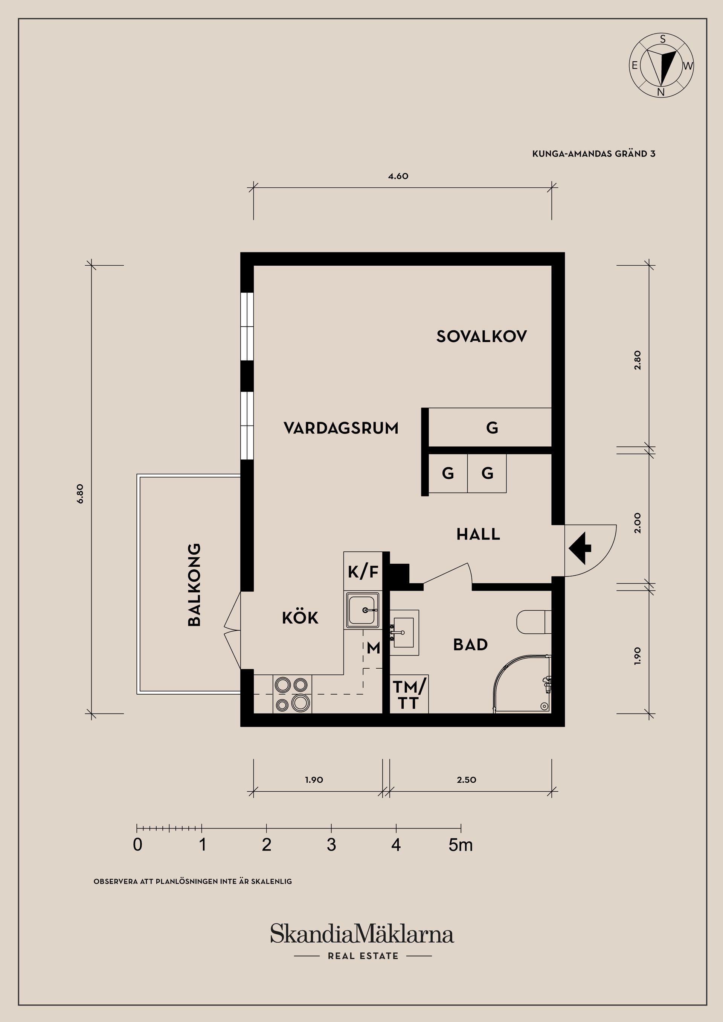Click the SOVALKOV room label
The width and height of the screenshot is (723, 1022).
pos(481,336)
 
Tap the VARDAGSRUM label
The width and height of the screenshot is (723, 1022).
pos(341,428)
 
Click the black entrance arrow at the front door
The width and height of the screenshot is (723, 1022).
pos(580,549)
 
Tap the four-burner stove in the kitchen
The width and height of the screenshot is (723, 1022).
pos(292,694)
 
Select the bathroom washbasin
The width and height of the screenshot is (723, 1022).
pos(404,633)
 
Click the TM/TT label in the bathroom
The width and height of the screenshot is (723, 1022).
pos(409,695)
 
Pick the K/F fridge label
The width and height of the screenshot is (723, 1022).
pos(363,572)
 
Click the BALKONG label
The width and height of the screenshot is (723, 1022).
pos(195,584)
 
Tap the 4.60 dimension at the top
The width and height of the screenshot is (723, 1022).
pos(398,176)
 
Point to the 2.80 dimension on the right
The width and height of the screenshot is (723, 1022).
pos(638,360)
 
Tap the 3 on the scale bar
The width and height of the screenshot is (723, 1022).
pos(331,845)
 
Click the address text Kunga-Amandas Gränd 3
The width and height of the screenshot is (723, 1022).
pos(593,154)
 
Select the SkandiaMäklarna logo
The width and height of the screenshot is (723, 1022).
pos(362,939)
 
